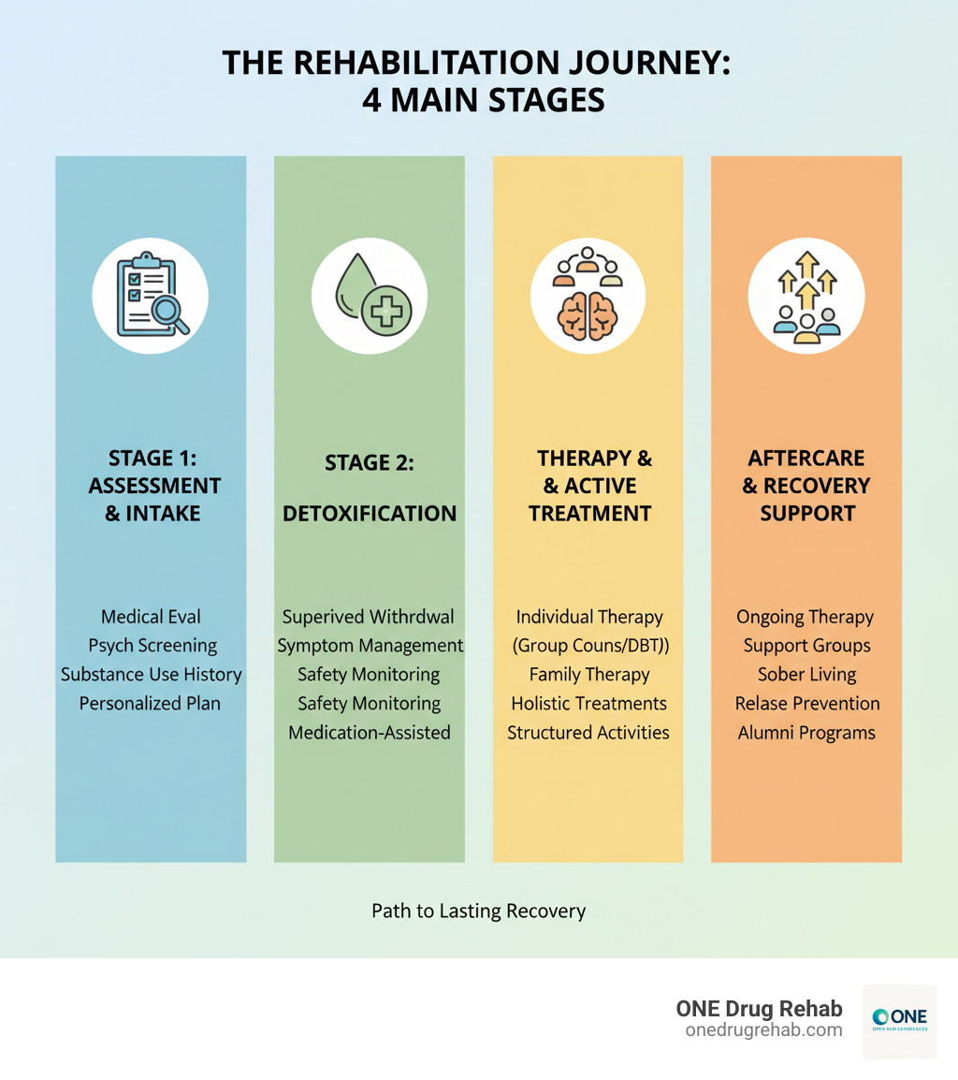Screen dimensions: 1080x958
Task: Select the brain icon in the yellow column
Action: pos(587,314)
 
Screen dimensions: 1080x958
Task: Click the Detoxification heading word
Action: pos(369,514)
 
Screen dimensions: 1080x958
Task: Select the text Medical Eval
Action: pos(151,617)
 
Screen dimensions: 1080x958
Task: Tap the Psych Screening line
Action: pos(152,646)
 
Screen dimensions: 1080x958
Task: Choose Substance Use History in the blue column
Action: pos(152,675)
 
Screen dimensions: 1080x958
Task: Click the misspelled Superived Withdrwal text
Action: pos(369,617)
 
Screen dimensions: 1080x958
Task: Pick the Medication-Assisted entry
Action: pos(369,733)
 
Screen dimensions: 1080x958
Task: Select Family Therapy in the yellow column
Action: pos(588,675)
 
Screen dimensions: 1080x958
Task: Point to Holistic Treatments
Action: pos(588,704)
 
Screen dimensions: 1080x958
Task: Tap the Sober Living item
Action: pos(806,675)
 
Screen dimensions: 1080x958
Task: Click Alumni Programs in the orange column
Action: pos(806,733)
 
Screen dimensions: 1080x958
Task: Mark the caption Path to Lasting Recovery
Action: pos(478,911)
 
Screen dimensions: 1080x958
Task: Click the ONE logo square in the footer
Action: pos(898,1021)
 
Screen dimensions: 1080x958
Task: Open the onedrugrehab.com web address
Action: pos(763,1029)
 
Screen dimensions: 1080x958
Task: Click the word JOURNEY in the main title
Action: pos(637,64)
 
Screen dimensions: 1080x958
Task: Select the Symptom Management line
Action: pos(370,646)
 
